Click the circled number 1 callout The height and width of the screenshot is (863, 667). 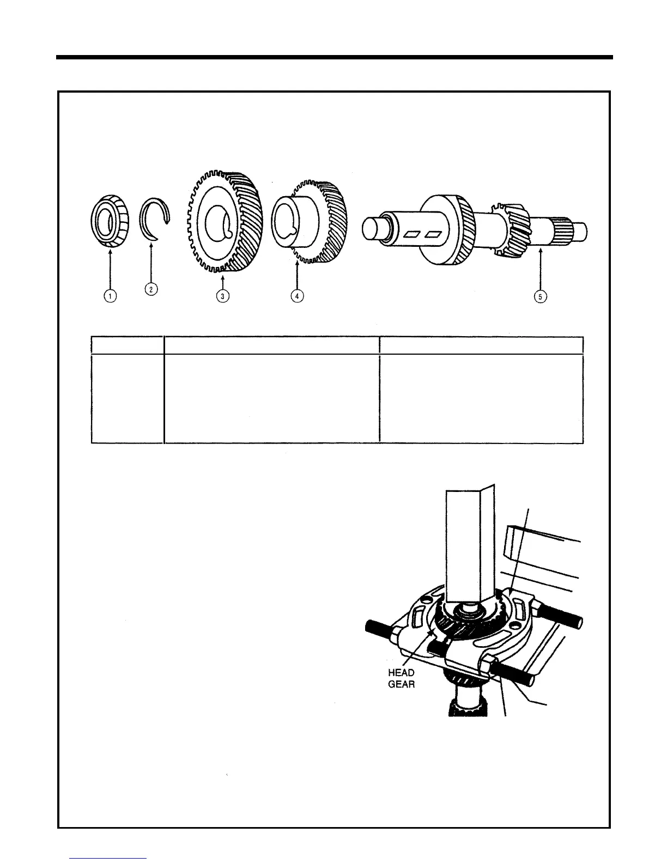pos(110,296)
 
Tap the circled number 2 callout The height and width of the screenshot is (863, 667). pos(151,289)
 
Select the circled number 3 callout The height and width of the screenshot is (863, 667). pos(222,296)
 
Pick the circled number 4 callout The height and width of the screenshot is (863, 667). pos(296,296)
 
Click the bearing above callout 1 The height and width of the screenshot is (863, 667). pos(109,223)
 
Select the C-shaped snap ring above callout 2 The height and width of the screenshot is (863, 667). pos(155,218)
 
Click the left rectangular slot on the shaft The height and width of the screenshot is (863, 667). pos(413,234)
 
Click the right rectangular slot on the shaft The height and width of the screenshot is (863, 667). pos(433,234)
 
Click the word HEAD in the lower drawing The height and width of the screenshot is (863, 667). pos(402,673)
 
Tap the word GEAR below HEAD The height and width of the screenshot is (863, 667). pos(402,684)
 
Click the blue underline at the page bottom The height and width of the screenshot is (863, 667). pos(108,858)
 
